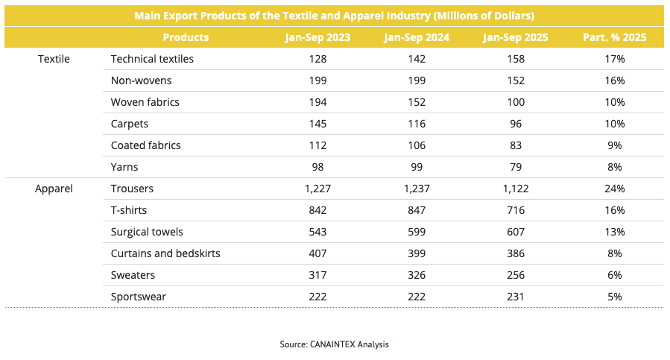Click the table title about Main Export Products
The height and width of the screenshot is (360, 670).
click(x=335, y=15)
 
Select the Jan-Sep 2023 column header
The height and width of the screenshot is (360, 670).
click(x=317, y=37)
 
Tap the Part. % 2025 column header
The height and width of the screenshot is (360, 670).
click(x=615, y=37)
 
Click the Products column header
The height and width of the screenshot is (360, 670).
click(x=186, y=37)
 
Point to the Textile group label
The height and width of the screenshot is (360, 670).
click(x=54, y=59)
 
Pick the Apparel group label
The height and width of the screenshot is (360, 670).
click(x=54, y=189)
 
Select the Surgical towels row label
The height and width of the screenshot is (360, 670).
click(x=147, y=232)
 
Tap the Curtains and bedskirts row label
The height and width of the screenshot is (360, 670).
click(x=165, y=253)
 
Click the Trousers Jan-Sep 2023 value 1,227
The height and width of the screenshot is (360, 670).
click(x=317, y=189)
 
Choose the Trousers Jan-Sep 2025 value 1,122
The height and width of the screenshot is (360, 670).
click(x=514, y=189)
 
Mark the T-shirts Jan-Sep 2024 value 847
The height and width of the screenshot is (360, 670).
click(x=416, y=210)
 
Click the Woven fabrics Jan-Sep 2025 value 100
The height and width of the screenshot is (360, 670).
click(x=514, y=102)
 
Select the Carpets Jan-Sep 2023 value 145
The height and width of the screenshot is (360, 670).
click(x=317, y=124)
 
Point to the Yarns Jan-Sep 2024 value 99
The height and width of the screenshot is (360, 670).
click(x=416, y=167)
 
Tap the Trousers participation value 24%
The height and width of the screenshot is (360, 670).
click(x=615, y=189)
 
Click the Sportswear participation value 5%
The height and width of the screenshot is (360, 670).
click(x=615, y=297)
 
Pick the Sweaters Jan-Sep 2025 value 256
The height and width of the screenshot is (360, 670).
click(x=514, y=275)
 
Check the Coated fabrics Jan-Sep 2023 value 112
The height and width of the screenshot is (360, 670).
click(x=317, y=145)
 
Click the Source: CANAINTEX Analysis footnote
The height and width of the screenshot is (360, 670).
click(x=335, y=344)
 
